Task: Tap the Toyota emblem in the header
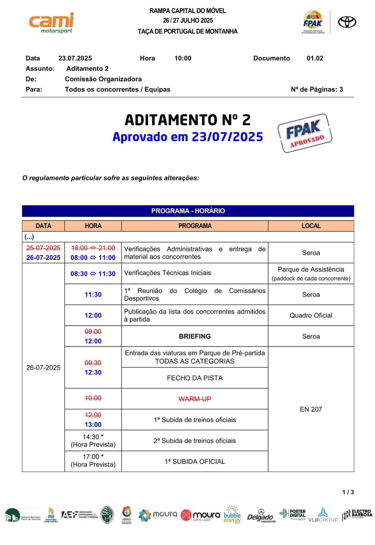click(x=347, y=22)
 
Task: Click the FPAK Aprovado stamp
click(x=305, y=133)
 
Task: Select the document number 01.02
click(x=315, y=58)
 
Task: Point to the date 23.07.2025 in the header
click(x=75, y=58)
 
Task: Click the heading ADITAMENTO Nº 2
click(x=188, y=120)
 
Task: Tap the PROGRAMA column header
click(x=195, y=226)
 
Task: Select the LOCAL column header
click(x=311, y=226)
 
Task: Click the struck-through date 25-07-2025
click(x=43, y=248)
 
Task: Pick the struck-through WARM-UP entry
click(x=195, y=399)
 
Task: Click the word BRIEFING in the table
click(x=195, y=336)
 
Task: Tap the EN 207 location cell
click(x=311, y=409)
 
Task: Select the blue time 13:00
click(x=93, y=425)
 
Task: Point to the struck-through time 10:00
click(x=93, y=398)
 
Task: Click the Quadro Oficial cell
click(x=311, y=315)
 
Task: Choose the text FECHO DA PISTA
click(x=195, y=378)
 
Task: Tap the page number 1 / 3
click(x=348, y=492)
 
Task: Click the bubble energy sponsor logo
click(x=232, y=515)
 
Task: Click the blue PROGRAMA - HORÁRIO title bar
click(x=188, y=211)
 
